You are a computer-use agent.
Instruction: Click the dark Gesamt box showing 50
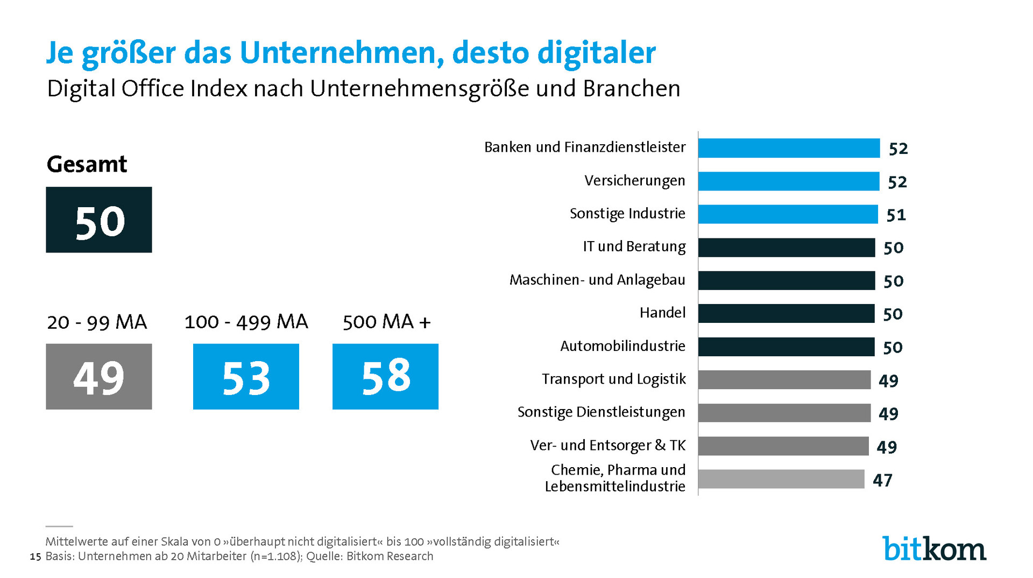click(x=99, y=220)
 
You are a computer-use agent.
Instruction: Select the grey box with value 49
click(x=99, y=377)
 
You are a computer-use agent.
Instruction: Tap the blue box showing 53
click(x=246, y=377)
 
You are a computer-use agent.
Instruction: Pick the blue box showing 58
click(x=385, y=377)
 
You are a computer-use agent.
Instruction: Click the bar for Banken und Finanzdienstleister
click(x=789, y=148)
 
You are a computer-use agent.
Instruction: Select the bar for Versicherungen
click(x=789, y=181)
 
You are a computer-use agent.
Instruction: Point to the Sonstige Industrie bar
click(x=788, y=214)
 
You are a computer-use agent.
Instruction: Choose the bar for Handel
click(x=786, y=314)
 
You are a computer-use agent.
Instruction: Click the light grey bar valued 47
click(x=781, y=479)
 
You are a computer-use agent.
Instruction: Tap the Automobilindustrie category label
click(x=622, y=346)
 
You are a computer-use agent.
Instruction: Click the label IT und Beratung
click(x=634, y=246)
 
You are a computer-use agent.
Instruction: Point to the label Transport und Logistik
click(x=614, y=379)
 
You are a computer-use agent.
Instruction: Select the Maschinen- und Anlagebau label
click(x=597, y=280)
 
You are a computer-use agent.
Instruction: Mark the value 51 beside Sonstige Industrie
click(x=896, y=215)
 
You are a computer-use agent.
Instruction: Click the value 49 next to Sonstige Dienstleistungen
click(x=889, y=414)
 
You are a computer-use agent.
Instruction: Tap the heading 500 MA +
click(x=387, y=322)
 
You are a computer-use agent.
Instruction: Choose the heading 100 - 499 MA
click(x=246, y=322)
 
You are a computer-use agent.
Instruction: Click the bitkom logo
click(x=934, y=549)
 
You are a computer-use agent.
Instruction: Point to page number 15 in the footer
click(x=36, y=556)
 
